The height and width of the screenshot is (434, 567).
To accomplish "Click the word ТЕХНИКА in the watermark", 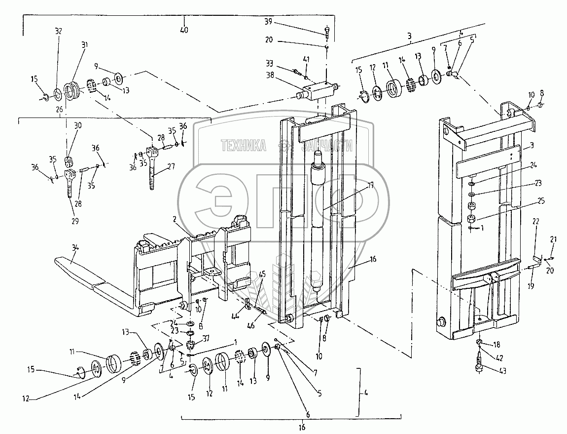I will [243, 145].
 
